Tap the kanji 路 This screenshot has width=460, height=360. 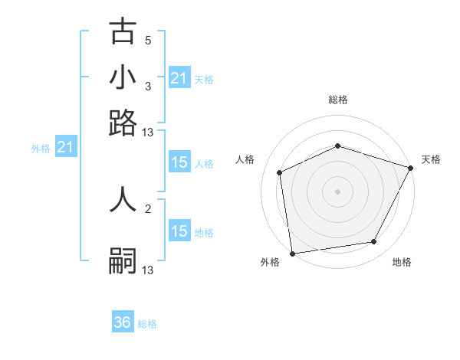click(x=123, y=122)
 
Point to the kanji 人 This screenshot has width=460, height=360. click(x=123, y=198)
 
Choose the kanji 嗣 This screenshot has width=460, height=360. click(x=123, y=260)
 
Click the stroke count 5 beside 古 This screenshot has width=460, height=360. click(x=148, y=40)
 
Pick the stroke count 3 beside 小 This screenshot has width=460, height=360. click(x=148, y=87)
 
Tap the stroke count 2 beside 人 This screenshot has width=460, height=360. click(x=148, y=208)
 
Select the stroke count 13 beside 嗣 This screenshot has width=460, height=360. click(x=148, y=270)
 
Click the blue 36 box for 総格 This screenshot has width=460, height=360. click(x=123, y=322)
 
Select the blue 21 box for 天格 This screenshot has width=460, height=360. click(x=179, y=77)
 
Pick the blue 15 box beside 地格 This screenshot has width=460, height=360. click(x=179, y=231)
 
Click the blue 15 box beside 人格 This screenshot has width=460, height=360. click(x=179, y=162)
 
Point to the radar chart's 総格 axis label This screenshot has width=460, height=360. click(x=337, y=100)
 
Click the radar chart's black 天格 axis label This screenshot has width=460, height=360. click(x=431, y=159)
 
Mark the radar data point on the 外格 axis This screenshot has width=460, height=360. click(x=292, y=253)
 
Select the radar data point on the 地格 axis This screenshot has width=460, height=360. click(x=374, y=242)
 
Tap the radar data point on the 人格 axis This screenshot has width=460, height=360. click(x=280, y=172)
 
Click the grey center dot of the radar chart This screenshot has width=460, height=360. click(x=337, y=191)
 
